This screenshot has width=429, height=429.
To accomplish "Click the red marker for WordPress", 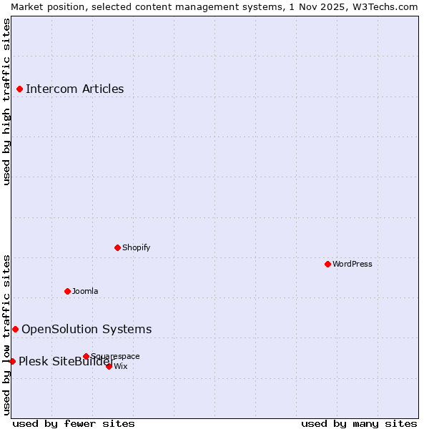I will pos(327,264).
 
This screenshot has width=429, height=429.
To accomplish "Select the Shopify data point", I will pos(118,247).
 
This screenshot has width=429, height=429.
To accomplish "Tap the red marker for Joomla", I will pos(68,291).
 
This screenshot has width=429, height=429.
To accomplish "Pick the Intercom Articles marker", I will pos(20,89).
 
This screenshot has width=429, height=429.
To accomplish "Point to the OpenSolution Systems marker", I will pos(16,329).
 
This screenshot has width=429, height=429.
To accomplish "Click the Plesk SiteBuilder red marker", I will pos(12,361).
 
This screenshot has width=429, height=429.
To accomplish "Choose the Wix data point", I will pos(109,366).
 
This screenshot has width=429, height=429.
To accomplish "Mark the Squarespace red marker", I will pos(86,356).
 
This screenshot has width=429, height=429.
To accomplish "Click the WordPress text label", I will pos(352,264).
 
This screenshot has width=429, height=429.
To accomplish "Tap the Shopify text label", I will pos(136,247).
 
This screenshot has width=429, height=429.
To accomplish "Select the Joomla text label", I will pos(85,291).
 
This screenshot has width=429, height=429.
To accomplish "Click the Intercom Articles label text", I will pos(75,89).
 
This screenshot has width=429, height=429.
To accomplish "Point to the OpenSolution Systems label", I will pos(87,329).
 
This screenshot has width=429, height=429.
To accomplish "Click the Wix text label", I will pos(121,366).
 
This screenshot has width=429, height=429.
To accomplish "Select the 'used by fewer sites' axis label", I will pos(74,423).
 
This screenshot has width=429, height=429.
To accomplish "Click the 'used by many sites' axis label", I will pos(359,423).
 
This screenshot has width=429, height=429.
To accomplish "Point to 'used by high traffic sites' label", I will pos(6,102).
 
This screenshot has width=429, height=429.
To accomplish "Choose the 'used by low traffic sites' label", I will pos(6,334).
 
